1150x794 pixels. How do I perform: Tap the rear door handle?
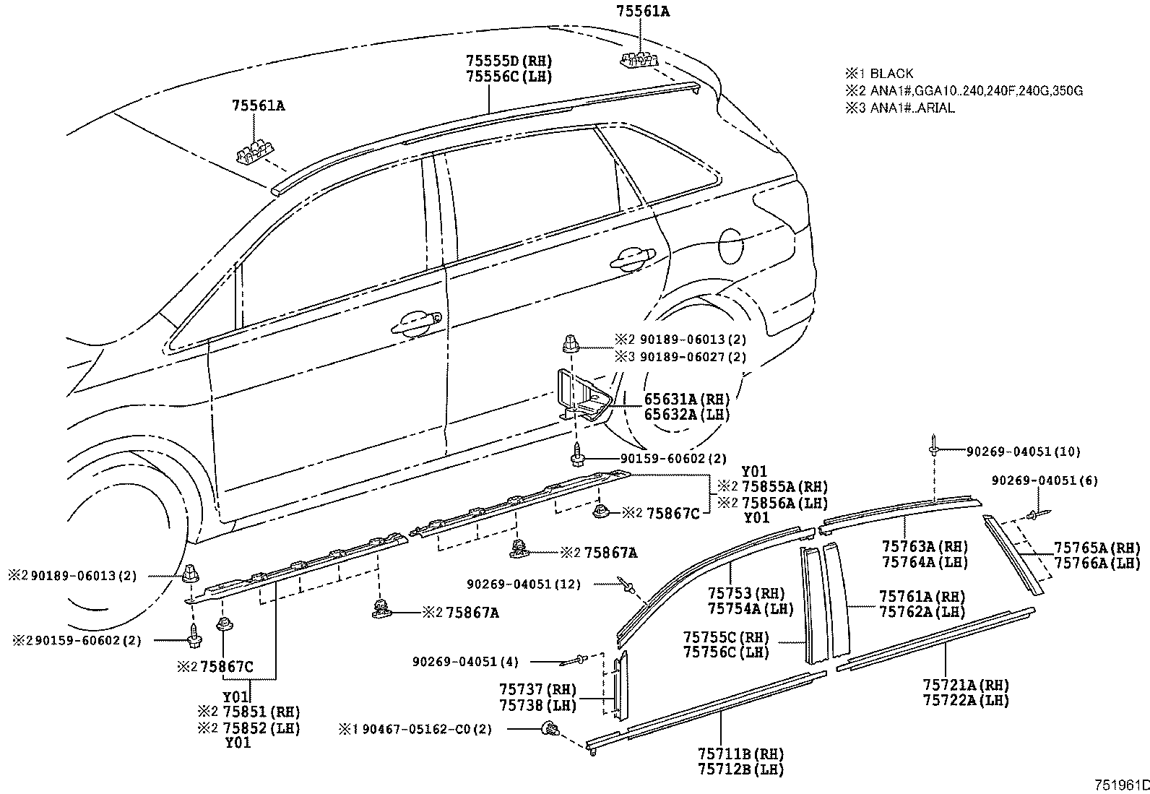click(632, 259)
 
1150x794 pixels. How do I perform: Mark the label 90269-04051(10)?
click(1023, 452)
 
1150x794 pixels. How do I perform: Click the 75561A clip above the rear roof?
click(639, 61)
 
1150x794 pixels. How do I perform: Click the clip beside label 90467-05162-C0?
click(550, 730)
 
